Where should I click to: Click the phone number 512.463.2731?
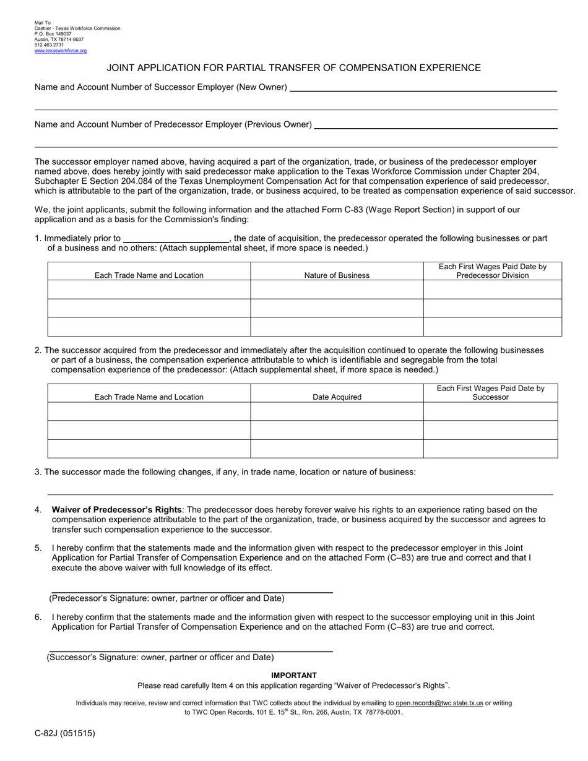49,45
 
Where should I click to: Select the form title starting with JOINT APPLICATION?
294,68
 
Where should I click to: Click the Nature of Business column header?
337,275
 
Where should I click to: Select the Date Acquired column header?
337,397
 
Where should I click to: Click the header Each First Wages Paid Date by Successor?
490,393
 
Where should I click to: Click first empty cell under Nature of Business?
337,290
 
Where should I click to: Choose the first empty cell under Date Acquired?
337,411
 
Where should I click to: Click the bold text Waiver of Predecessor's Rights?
117,510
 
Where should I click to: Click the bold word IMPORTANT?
294,676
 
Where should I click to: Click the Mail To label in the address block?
43,23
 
